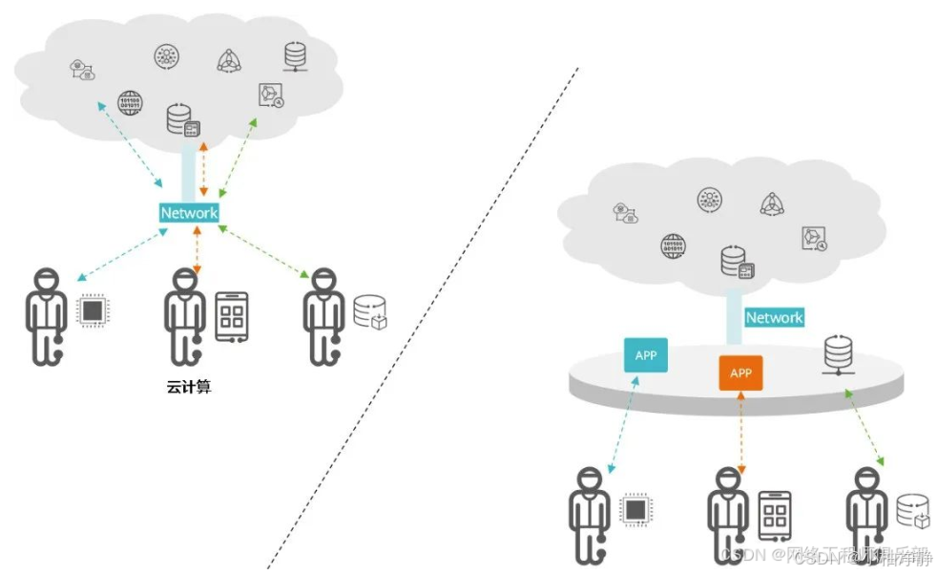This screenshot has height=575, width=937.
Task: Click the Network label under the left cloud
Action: (x=189, y=213)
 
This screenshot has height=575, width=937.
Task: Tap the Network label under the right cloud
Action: (x=774, y=317)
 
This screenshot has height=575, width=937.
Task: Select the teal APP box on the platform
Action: (x=646, y=356)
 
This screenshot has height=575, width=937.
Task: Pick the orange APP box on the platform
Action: (x=741, y=373)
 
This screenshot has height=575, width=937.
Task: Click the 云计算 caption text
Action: (x=188, y=388)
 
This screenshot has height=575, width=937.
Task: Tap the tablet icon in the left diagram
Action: (x=231, y=316)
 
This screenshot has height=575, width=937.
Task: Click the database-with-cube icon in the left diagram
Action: (x=370, y=312)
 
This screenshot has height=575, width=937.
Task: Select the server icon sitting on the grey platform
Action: (x=838, y=352)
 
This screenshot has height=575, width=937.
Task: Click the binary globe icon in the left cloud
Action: (x=130, y=101)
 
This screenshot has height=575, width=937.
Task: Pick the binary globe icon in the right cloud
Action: (x=674, y=246)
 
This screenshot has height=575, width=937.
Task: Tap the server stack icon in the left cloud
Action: (x=297, y=55)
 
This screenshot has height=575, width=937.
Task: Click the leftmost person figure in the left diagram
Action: (x=43, y=316)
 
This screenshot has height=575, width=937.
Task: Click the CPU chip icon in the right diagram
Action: (x=635, y=509)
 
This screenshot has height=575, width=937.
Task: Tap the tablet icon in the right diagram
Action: (x=775, y=515)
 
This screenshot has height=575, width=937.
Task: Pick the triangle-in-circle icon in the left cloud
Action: (x=229, y=60)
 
